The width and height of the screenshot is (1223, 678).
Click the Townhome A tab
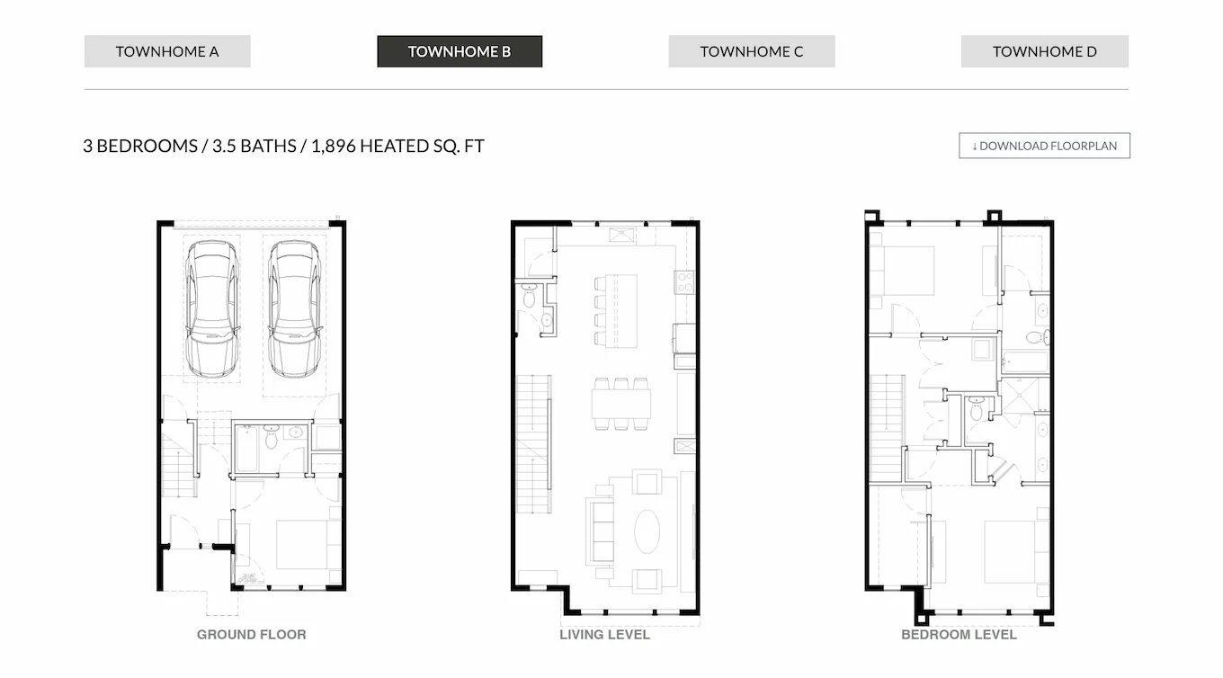167,51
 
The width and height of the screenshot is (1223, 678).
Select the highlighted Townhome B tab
459,51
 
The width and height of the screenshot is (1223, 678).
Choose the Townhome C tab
751,51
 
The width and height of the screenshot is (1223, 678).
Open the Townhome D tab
1044,51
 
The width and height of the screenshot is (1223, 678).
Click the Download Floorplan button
1044,146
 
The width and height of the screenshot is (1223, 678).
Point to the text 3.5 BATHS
254,146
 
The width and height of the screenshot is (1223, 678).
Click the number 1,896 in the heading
333,146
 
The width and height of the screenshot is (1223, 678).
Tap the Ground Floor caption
251,634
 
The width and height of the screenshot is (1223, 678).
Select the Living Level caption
604,634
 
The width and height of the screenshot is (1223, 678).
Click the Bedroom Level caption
959,634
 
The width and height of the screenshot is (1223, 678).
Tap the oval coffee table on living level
647,531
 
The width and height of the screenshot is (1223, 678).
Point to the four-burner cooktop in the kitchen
684,281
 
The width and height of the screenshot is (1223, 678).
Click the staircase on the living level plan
532,445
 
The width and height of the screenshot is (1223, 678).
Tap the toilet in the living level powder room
528,295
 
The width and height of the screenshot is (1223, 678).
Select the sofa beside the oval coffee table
600,531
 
